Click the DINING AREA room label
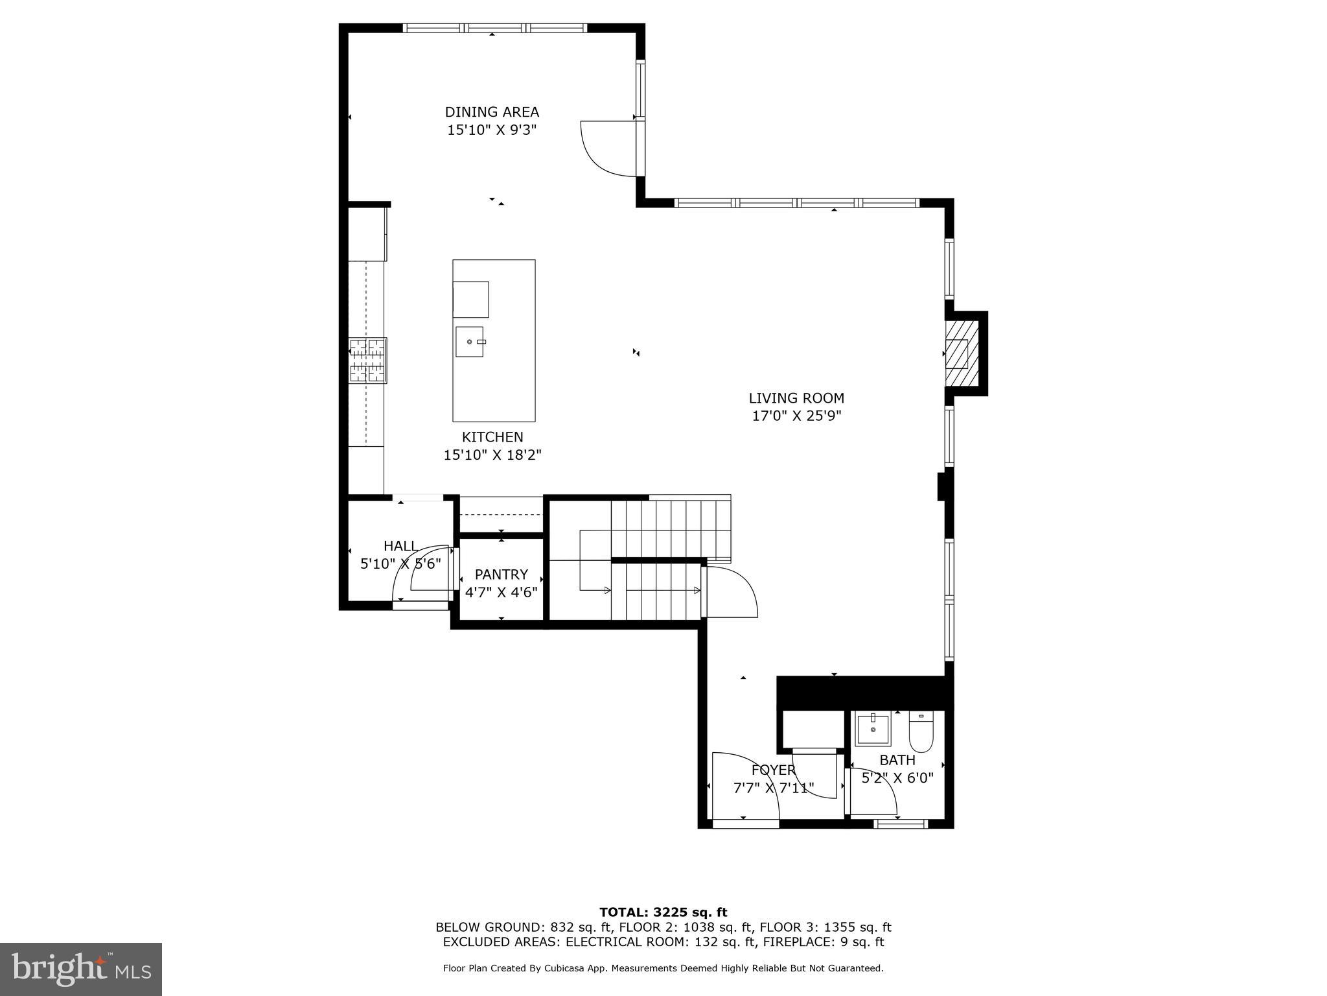(492, 112)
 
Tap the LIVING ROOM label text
(796, 398)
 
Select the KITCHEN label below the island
(492, 437)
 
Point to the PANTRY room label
(501, 575)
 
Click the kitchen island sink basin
(469, 342)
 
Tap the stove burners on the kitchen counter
(367, 361)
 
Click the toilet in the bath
(920, 731)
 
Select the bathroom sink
(872, 729)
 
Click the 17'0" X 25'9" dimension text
(796, 416)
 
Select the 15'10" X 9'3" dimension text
(492, 130)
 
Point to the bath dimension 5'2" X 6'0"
(897, 777)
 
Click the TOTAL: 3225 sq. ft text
(663, 913)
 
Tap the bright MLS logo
(81, 969)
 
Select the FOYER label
(773, 770)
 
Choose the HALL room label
(400, 546)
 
